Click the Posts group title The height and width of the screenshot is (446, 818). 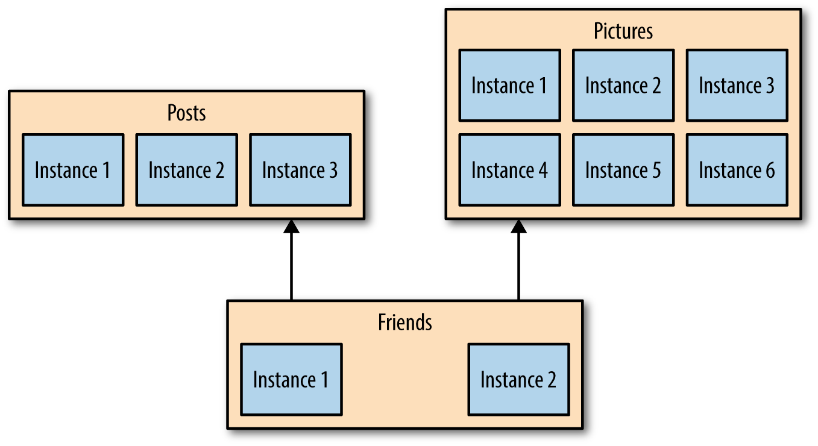[x=186, y=113]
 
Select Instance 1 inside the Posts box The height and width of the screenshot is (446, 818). [x=73, y=170]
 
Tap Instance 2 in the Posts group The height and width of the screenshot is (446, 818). [x=186, y=170]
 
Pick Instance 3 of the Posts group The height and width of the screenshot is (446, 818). [x=300, y=170]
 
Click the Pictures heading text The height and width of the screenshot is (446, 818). [x=623, y=31]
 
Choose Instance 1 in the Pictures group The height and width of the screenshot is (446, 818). [x=509, y=86]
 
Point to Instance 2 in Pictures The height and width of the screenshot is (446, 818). [x=623, y=86]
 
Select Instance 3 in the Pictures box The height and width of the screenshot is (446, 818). [x=737, y=86]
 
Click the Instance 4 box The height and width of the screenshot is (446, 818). [x=509, y=170]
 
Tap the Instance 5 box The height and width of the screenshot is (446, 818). [x=623, y=170]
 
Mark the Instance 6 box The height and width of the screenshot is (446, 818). [x=737, y=170]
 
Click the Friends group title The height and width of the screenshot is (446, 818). [x=404, y=322]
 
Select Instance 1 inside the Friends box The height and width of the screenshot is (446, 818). [x=291, y=380]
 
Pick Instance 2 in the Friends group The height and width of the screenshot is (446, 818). [x=518, y=380]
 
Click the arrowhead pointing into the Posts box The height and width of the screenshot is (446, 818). [x=291, y=227]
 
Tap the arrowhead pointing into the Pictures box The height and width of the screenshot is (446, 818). [x=518, y=227]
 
